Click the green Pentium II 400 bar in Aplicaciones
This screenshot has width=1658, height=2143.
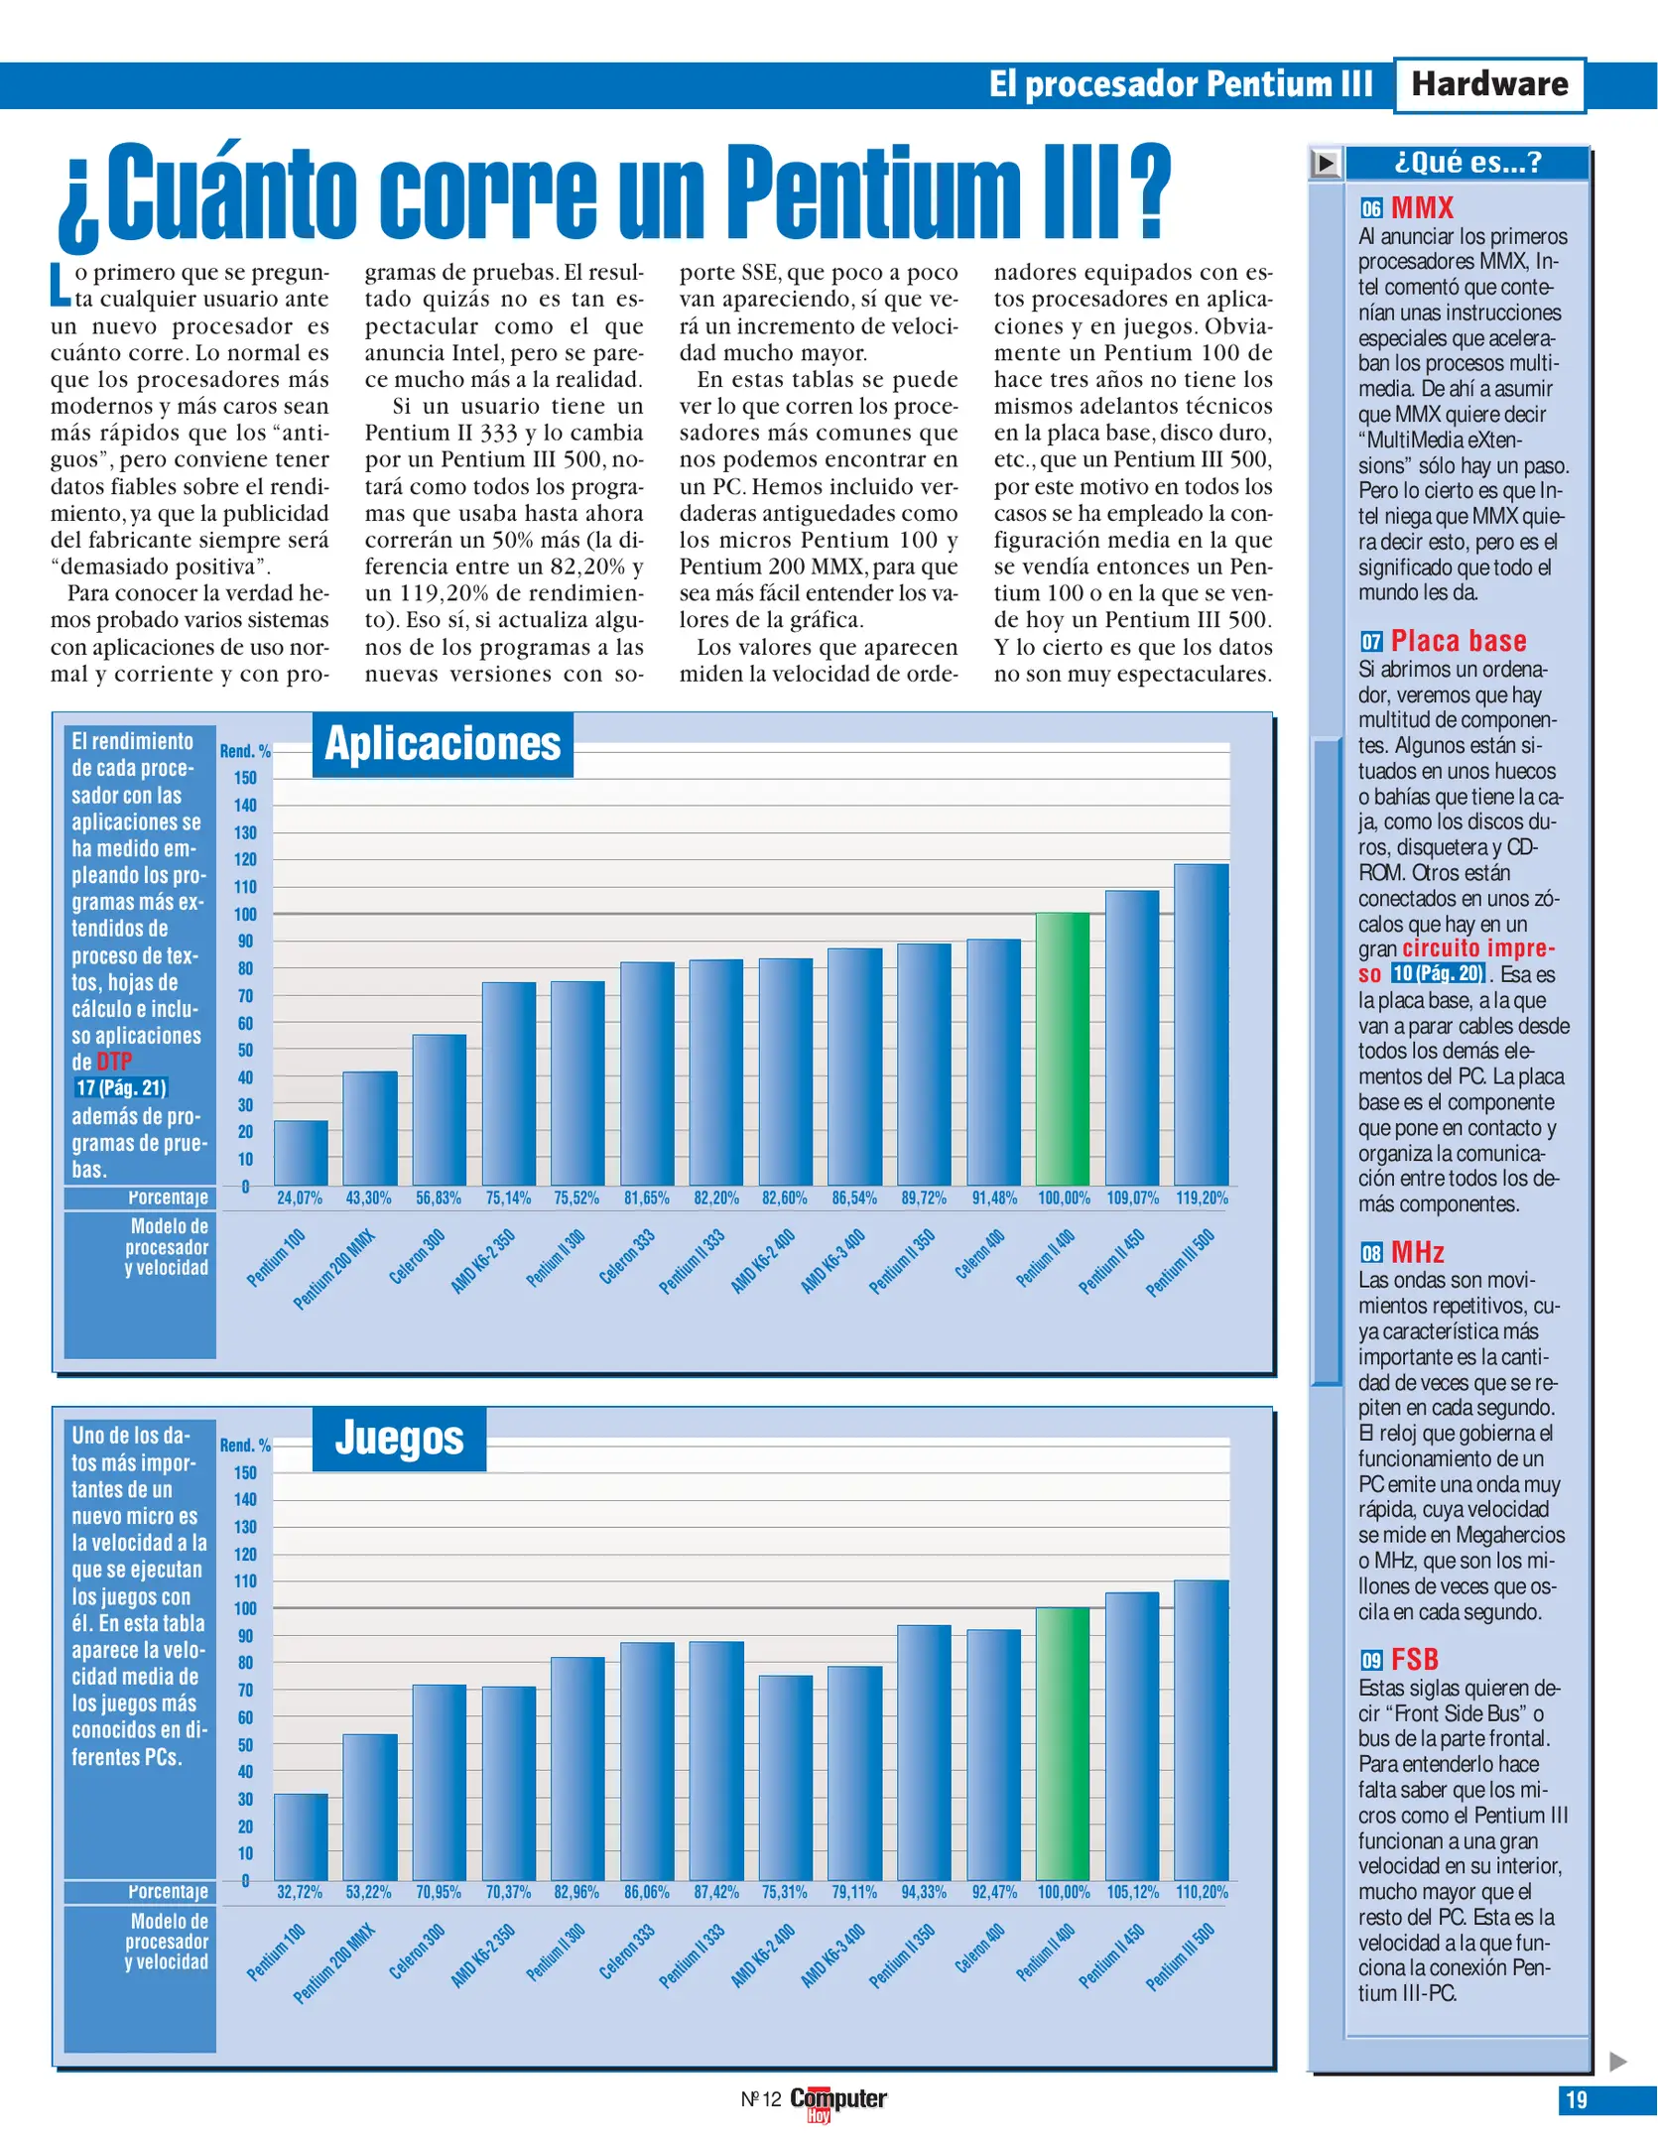1062,1049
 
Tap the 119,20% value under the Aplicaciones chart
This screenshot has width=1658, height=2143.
1202,1198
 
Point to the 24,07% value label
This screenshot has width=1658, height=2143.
300,1198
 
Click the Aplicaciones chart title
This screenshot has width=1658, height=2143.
443,744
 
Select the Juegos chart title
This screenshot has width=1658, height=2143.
399,1439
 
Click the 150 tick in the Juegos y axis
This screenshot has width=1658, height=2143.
245,1472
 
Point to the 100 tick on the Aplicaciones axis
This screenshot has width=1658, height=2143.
245,914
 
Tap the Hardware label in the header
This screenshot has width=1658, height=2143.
1488,84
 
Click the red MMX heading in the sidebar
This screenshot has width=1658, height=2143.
1422,207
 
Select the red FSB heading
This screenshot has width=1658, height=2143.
1414,1659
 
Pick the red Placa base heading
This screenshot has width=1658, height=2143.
1458,640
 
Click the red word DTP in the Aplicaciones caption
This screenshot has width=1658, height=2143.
114,1061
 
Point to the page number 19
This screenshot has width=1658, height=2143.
1576,2099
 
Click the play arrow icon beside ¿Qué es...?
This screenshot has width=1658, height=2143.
1325,163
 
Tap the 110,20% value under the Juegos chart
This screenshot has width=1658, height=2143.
1202,1892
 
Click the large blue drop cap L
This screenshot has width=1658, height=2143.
61,285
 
